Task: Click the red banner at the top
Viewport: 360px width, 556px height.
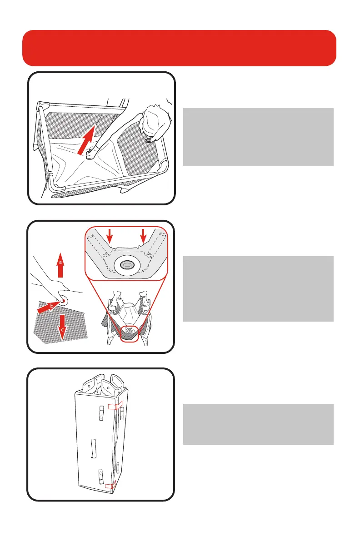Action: tap(179, 48)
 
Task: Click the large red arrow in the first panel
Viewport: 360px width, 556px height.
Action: tap(86, 140)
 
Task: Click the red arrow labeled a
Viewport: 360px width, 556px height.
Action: tap(60, 265)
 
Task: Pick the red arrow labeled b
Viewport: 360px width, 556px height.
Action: tap(49, 307)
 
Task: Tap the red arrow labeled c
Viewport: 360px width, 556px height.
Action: tap(62, 328)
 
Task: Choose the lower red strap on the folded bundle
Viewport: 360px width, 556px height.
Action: tap(110, 485)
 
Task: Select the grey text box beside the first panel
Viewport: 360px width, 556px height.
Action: tap(258, 137)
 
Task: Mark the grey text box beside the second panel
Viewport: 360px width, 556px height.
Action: tap(258, 288)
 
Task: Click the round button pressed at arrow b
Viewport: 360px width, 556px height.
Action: tap(63, 301)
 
